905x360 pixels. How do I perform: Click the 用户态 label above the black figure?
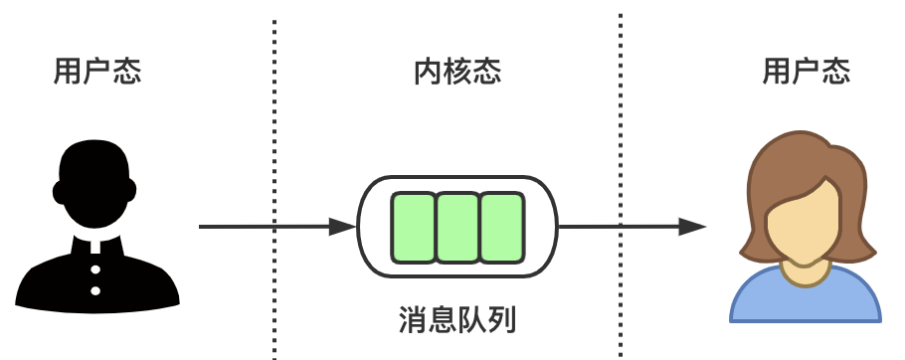(x=96, y=72)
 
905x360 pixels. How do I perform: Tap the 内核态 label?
(x=456, y=72)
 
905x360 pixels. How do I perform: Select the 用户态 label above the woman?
(x=807, y=72)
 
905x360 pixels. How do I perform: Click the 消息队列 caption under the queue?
(x=456, y=320)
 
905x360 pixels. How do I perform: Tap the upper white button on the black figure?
(x=95, y=268)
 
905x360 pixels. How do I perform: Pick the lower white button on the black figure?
(x=95, y=290)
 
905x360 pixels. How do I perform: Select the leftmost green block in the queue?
(x=413, y=226)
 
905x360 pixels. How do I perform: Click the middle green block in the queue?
(x=457, y=226)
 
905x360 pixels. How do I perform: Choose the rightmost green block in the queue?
(x=502, y=226)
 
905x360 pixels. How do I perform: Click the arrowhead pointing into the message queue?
(x=343, y=227)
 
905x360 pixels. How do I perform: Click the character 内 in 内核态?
(x=428, y=72)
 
